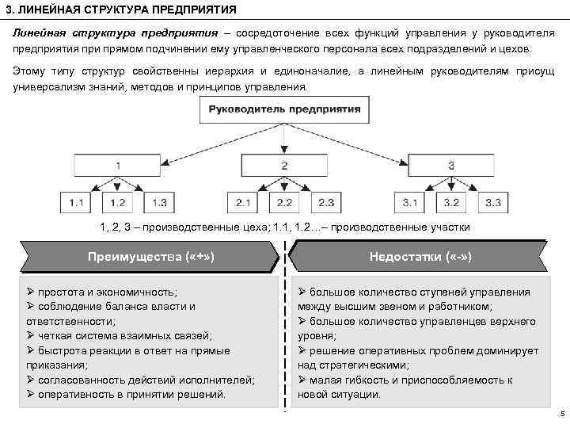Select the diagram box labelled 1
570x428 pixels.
click(118, 166)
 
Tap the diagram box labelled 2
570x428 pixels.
click(284, 166)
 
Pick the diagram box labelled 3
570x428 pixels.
click(450, 166)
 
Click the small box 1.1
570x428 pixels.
click(77, 203)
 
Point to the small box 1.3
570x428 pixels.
click(159, 203)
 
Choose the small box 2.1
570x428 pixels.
click(243, 203)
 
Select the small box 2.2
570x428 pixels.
click(284, 203)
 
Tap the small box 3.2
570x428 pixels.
click(450, 203)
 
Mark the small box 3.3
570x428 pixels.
click(492, 203)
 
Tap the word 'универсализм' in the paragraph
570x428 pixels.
click(47, 85)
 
